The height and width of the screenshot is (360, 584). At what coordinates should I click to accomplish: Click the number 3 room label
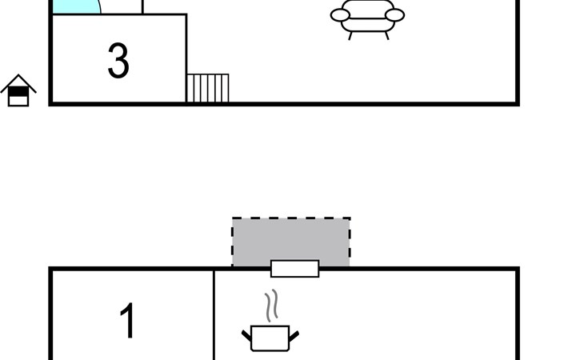point(118,61)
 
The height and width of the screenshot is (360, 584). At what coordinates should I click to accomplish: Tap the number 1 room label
point(128,321)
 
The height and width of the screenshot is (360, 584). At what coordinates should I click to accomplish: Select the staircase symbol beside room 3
point(207,88)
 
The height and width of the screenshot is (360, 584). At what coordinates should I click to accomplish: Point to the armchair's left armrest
point(339,15)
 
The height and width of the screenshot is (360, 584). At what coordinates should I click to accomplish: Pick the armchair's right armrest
point(395,15)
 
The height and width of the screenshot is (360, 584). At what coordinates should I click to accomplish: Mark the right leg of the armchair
point(386,34)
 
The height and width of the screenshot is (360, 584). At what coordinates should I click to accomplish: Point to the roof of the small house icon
point(18,82)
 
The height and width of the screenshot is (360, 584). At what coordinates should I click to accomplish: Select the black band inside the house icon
point(18,92)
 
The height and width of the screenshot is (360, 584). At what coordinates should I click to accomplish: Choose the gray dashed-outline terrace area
point(291,240)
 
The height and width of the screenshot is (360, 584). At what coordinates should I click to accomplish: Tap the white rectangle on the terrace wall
point(294,269)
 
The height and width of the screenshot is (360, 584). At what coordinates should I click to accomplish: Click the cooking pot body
point(270,338)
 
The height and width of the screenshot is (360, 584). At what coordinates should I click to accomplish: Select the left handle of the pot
point(247,334)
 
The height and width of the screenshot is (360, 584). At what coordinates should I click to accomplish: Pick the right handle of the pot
point(294,334)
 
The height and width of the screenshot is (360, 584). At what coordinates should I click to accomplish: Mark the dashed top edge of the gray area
point(291,218)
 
